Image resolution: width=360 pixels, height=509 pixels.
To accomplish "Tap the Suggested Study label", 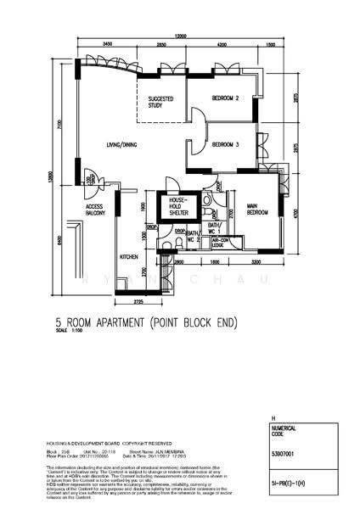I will click(x=160, y=102).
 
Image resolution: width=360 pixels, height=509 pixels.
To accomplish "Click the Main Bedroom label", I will click(x=257, y=210).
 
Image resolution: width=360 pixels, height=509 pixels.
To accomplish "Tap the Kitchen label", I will click(x=128, y=255).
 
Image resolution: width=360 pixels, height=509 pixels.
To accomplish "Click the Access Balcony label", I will click(x=94, y=210).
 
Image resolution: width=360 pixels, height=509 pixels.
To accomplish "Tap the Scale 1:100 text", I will click(x=72, y=332).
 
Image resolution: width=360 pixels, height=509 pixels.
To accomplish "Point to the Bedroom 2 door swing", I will click(x=196, y=117).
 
